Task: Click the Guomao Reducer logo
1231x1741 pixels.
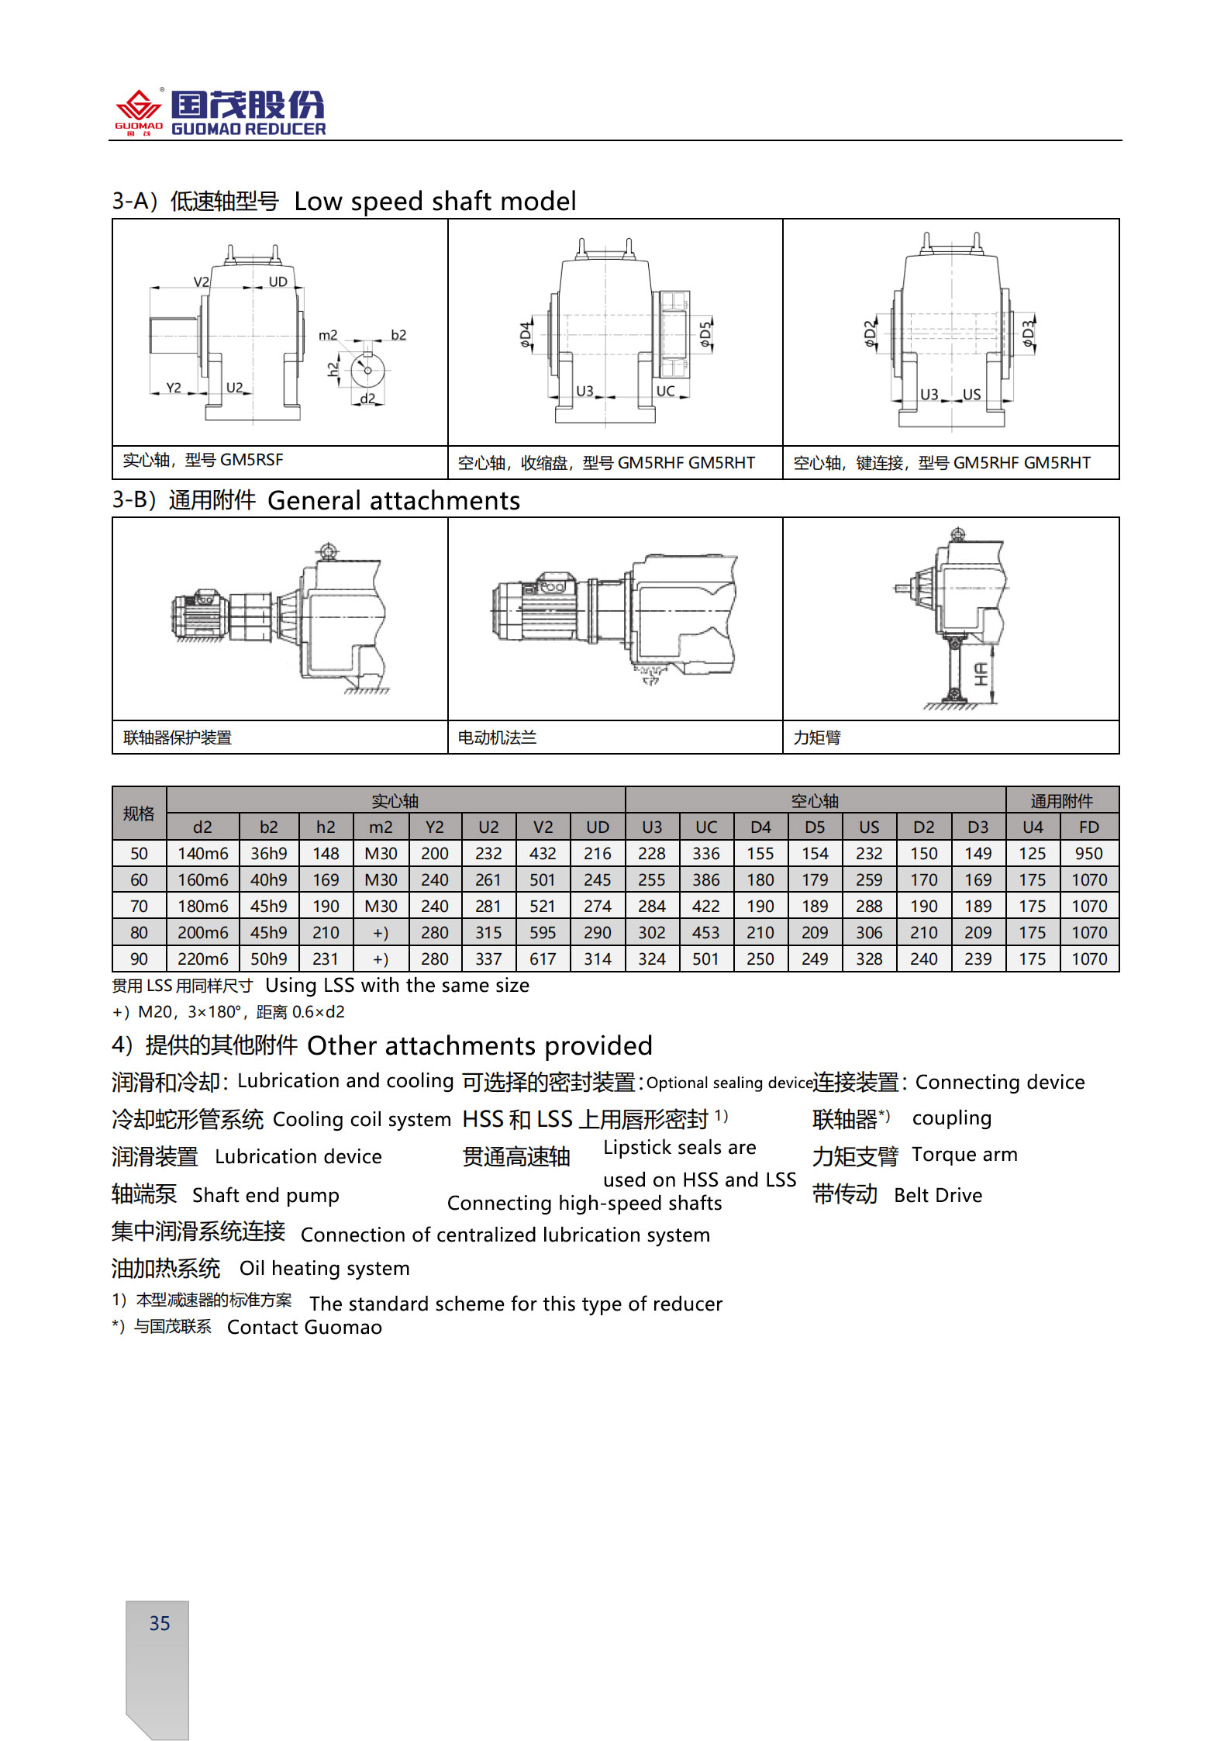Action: click(220, 113)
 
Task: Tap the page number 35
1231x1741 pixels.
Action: click(160, 1623)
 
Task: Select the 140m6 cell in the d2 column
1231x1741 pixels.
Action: click(202, 854)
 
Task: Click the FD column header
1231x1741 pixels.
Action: click(1088, 827)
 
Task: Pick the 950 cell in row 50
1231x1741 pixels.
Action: click(1088, 854)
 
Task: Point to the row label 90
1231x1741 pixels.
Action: click(139, 959)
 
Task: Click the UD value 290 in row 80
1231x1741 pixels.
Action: click(597, 933)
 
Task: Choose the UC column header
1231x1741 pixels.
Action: click(705, 827)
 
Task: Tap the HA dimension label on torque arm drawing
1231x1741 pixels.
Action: click(981, 674)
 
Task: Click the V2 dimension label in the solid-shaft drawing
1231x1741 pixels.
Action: click(201, 282)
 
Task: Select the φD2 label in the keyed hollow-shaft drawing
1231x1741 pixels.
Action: click(871, 333)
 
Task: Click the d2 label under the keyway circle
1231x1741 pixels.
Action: click(367, 399)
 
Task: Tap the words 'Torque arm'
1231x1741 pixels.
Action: click(964, 1155)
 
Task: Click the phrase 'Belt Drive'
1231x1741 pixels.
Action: click(938, 1195)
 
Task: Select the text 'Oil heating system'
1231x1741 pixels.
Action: click(324, 1268)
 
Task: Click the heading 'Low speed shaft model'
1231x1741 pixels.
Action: click(435, 202)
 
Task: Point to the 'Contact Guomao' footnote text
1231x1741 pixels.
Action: click(304, 1328)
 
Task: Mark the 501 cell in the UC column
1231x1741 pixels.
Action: click(705, 959)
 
